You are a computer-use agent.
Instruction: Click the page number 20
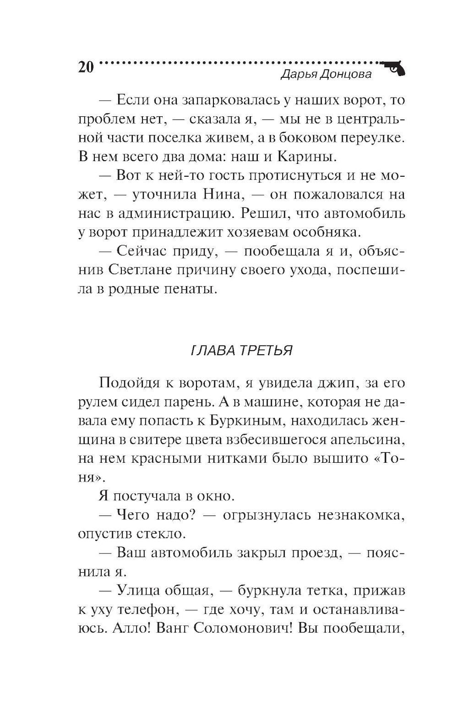coord(86,67)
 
